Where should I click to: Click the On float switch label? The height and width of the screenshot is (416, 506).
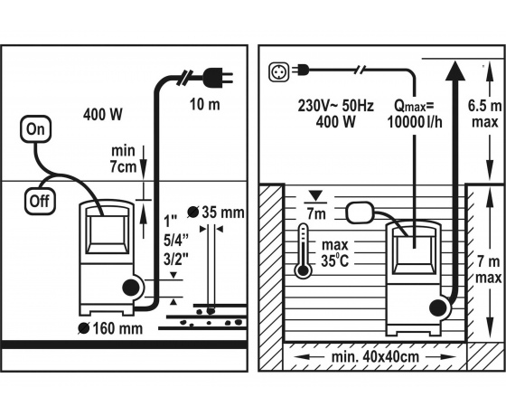pos(35,128)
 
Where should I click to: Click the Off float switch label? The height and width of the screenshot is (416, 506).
pos(40,201)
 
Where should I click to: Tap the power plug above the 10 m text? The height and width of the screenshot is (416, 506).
pos(218,77)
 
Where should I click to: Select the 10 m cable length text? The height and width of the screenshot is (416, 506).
pos(204,104)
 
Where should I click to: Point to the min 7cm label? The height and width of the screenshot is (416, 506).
pos(124,159)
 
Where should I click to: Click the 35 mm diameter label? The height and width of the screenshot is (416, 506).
pos(216,213)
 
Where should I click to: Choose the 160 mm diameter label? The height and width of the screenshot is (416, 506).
pos(110,328)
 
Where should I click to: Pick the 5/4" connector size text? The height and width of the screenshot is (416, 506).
pos(176,240)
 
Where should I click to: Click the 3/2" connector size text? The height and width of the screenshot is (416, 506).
pos(176,259)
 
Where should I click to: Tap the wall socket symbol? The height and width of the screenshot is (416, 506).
pos(279,71)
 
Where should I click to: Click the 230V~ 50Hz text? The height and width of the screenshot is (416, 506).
pos(335,106)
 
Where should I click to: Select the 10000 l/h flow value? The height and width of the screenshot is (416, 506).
pos(415,122)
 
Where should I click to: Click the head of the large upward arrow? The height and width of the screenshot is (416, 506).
pos(455,71)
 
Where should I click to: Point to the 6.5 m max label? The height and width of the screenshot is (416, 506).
pos(484,114)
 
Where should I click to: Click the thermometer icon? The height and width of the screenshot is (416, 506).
pos(303,251)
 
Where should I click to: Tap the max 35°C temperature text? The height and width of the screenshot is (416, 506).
pos(335,253)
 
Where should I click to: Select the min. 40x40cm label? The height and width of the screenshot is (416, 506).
pos(376,357)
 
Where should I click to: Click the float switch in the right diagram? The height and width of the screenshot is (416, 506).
pos(360,213)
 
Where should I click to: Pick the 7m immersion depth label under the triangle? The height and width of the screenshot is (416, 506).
pos(316,213)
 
